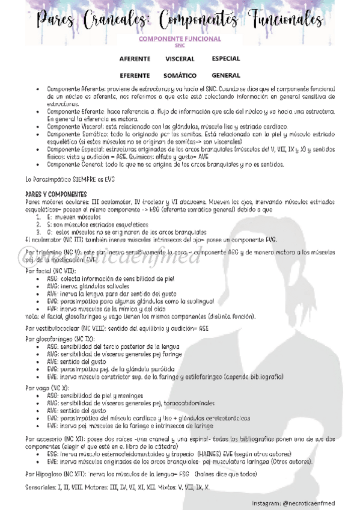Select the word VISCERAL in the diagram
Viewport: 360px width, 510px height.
click(180, 59)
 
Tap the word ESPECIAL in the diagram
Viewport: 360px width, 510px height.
click(226, 59)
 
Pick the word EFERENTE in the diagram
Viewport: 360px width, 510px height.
click(135, 76)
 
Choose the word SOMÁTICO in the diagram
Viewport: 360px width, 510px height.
click(180, 76)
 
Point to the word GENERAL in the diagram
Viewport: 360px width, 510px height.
click(226, 76)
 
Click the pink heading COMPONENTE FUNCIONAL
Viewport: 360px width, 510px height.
click(180, 39)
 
